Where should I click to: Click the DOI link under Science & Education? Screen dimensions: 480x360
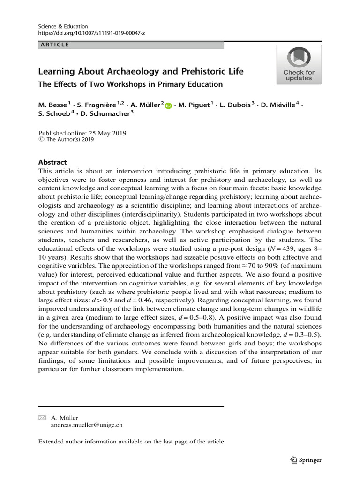[x=91, y=34]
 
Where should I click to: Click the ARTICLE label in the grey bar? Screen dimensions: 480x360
[x=54, y=45]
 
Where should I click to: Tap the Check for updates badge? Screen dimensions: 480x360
[x=299, y=65]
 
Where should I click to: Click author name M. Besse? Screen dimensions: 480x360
[x=52, y=105]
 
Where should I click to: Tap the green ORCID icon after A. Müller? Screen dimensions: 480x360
[x=168, y=106]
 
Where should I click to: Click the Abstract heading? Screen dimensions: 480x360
[x=52, y=162]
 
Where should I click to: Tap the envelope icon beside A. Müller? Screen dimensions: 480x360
[x=43, y=418]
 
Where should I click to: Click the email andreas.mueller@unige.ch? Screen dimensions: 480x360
[x=87, y=425]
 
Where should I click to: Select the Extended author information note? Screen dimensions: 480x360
[x=131, y=442]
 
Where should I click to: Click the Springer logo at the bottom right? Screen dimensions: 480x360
[x=306, y=460]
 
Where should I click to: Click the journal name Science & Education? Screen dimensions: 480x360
[x=63, y=26]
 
